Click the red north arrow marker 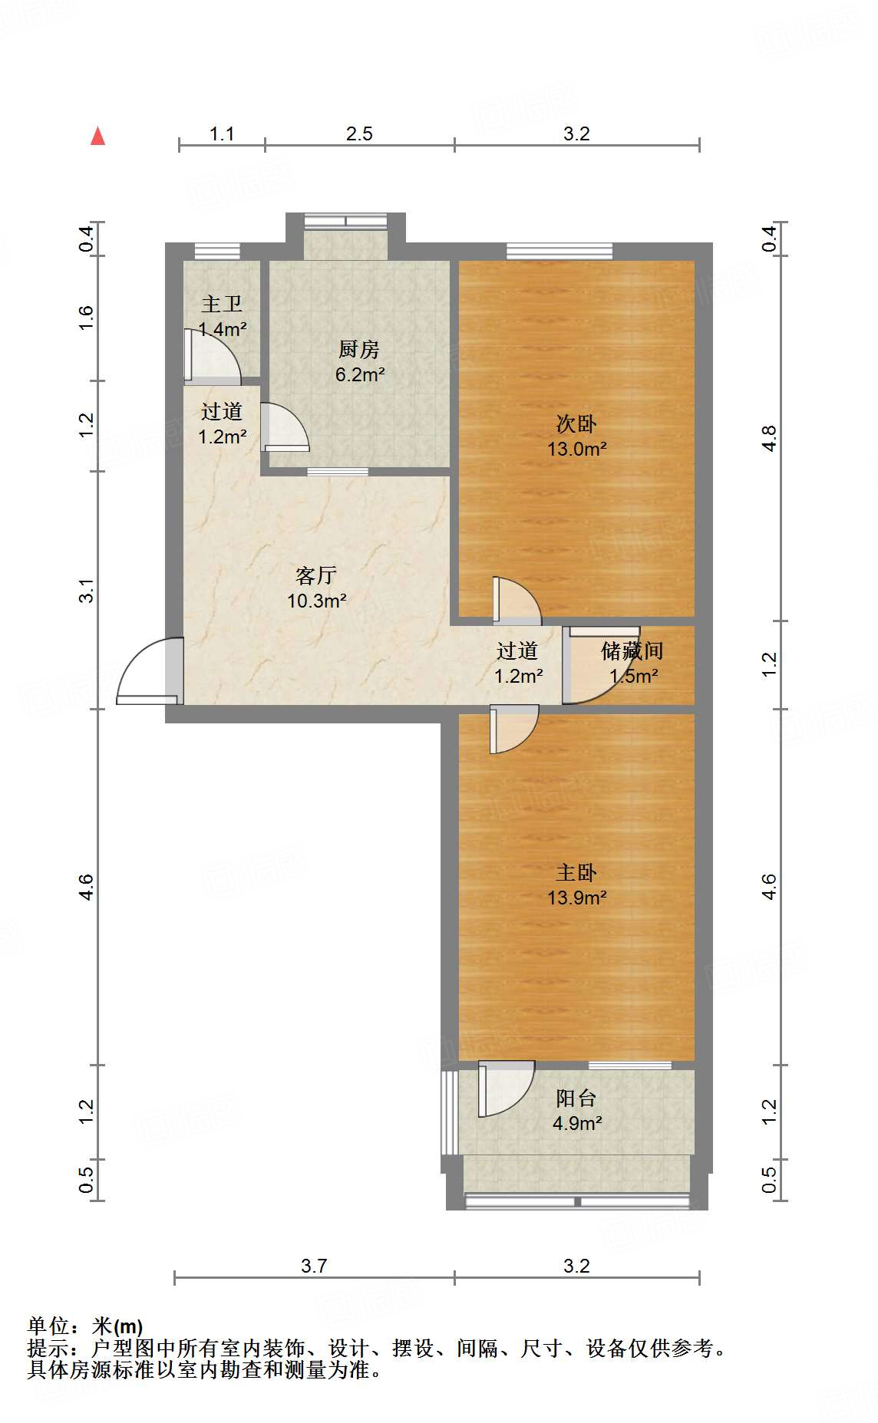pos(97,136)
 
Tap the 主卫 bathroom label pos(222,304)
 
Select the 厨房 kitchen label pos(359,350)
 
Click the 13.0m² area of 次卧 pos(577,449)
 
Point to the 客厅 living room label pos(316,575)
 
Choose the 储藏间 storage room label pos(632,651)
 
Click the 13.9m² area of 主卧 pos(577,898)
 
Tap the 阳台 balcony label pos(576,1098)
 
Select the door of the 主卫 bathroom pos(213,356)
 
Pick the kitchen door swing pos(284,427)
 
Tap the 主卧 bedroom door pos(513,729)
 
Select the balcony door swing pos(506,1089)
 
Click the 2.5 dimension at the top pos(359,134)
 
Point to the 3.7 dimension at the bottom pos(314,1266)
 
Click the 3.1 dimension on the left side pos(87,590)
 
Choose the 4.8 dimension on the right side pos(769,438)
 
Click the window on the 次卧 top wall pos(559,250)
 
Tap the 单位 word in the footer pos(48,1326)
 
